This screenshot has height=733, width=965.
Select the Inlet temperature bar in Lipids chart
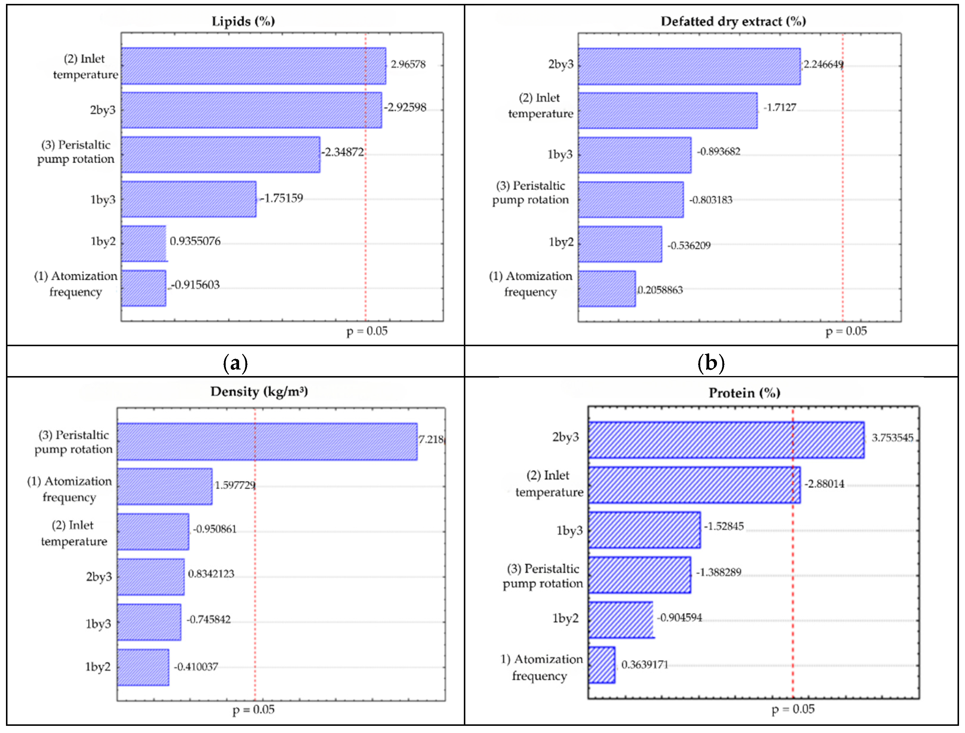[x=253, y=66]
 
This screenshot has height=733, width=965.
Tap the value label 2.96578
[x=408, y=64]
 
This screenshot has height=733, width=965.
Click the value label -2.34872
[x=342, y=152]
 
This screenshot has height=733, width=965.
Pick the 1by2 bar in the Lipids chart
[x=144, y=244]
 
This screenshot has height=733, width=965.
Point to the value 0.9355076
[x=195, y=241]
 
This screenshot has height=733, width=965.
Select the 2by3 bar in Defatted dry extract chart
[x=689, y=66]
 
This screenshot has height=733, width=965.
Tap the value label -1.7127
[x=780, y=107]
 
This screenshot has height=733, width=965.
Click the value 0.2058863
[x=660, y=290]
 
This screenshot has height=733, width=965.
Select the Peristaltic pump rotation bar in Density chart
[x=267, y=441]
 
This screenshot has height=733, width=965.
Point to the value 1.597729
[x=235, y=485]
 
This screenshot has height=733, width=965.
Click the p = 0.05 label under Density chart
[x=253, y=710]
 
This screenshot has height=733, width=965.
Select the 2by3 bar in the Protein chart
[x=726, y=440]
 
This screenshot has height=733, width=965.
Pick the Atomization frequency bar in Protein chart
[x=602, y=665]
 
